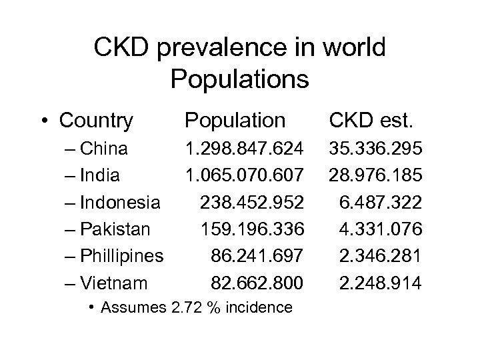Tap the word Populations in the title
coord(239,79)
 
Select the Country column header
coord(96,121)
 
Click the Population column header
coord(235,121)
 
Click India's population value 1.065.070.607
coord(245,175)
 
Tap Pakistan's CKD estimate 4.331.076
coord(380,229)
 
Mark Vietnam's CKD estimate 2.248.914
coord(380,283)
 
